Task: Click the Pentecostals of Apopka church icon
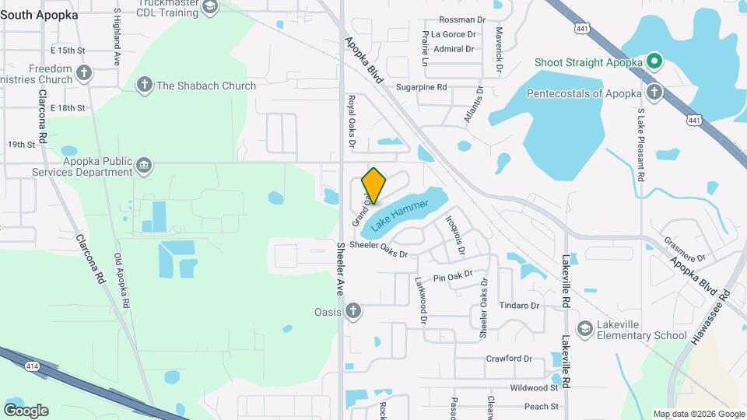[x=654, y=93]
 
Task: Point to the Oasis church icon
[x=354, y=312]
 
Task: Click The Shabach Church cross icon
[x=144, y=86]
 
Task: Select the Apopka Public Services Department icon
[x=144, y=166]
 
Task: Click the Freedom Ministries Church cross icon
[x=84, y=74]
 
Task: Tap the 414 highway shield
[x=32, y=365]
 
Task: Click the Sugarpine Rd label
[x=421, y=88]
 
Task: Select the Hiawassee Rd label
[x=711, y=317]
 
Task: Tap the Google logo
[x=25, y=410]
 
